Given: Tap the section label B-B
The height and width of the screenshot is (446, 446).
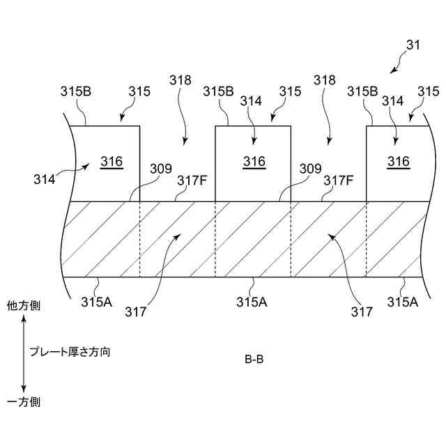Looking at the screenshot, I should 254,360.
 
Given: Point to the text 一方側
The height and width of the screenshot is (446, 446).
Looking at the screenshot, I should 24,402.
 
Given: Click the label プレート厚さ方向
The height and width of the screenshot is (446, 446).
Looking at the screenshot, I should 70,353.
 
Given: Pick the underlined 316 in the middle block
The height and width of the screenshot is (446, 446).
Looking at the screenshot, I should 254,162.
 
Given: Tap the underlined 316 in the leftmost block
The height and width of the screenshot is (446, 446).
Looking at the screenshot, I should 111,162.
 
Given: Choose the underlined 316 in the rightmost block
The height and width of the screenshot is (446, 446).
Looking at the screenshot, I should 399,162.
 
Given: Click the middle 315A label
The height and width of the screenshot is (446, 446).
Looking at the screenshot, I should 250,302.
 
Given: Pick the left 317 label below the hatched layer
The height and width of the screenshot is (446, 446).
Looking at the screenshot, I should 137,312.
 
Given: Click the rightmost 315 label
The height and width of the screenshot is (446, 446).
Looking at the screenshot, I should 429,91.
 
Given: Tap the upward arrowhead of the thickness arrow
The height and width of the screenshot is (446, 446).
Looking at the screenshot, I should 24,318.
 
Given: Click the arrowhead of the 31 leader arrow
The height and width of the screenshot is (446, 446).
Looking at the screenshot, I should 392,72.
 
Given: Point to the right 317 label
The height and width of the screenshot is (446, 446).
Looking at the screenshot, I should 361,312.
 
